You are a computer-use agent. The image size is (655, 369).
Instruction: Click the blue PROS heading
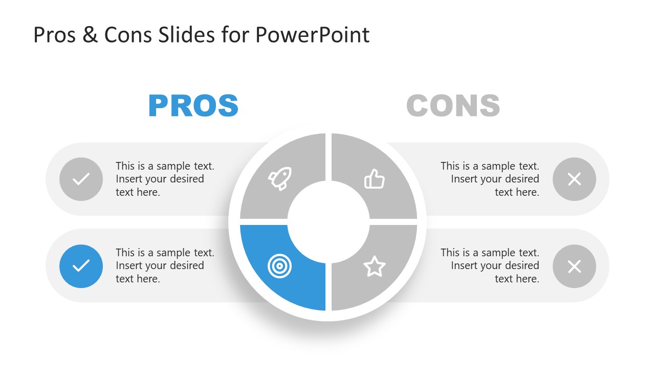(193, 106)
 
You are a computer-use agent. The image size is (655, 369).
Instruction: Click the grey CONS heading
(453, 106)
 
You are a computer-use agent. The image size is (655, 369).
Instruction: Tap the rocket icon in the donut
(280, 178)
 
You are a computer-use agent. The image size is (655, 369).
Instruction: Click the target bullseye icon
(278, 265)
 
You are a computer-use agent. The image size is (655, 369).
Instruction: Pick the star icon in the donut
(374, 266)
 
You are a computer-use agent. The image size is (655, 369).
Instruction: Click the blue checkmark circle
(81, 266)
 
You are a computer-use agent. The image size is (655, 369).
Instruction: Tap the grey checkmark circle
(81, 179)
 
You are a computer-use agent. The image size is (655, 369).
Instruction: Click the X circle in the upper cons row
(574, 179)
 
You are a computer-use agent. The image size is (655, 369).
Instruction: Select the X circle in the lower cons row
(574, 266)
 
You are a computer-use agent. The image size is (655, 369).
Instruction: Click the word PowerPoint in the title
(312, 35)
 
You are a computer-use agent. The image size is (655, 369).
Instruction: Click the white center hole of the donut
(328, 221)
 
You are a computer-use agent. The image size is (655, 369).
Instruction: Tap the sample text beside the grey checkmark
(165, 179)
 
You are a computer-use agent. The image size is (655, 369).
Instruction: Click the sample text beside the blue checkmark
(165, 265)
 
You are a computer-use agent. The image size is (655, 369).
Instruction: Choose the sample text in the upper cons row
(490, 179)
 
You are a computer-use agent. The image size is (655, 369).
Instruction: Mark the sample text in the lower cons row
(490, 265)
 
